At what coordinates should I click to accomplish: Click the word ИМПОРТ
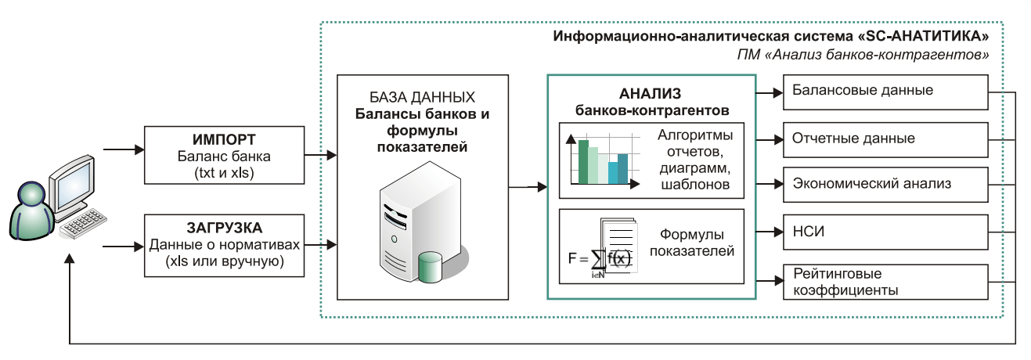tap(225, 140)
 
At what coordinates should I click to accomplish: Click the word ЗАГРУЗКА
tap(225, 229)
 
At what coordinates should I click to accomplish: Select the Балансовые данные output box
tap(884, 91)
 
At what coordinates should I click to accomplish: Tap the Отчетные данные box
tap(884, 139)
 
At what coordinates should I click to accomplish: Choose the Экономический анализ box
tap(884, 185)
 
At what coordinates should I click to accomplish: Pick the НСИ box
tap(884, 232)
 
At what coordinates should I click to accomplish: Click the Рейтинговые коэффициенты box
tap(884, 283)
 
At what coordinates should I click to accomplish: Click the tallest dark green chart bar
tap(583, 161)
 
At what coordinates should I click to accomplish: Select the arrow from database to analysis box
tap(528, 187)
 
